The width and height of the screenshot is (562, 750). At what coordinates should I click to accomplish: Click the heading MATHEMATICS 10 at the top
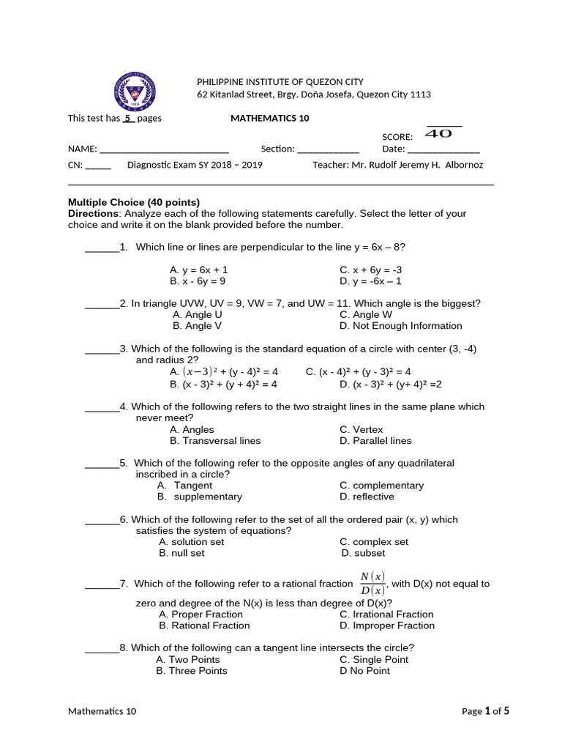(x=270, y=118)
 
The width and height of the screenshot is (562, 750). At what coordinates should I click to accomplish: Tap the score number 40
(x=438, y=134)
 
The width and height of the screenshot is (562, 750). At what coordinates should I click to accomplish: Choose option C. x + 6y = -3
(x=371, y=270)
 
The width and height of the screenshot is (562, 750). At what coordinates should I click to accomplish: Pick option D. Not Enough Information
(x=400, y=326)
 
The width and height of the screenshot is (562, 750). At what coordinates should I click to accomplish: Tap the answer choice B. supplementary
(x=200, y=497)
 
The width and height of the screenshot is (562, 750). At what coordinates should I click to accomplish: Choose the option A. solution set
(x=192, y=542)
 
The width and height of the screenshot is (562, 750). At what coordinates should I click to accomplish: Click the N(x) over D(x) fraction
(x=372, y=583)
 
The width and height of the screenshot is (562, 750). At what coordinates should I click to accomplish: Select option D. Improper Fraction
(x=387, y=625)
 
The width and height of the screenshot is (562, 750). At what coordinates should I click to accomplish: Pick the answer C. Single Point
(x=374, y=659)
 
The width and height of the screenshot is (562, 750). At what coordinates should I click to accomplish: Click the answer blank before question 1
(x=102, y=248)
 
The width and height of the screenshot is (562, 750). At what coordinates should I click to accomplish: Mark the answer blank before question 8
(x=102, y=648)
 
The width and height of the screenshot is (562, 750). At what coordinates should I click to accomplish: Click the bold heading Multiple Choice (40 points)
(x=134, y=202)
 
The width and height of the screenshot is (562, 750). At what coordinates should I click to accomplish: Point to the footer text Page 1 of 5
(x=485, y=710)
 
